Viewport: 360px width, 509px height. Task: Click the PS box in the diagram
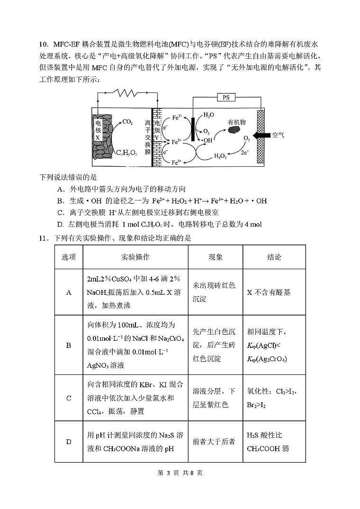point(225,97)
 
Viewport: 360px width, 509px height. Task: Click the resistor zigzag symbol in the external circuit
point(127,93)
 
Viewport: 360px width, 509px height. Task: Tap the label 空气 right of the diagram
point(279,136)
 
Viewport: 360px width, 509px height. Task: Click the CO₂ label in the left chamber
point(127,122)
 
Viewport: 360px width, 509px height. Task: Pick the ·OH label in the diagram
point(207,141)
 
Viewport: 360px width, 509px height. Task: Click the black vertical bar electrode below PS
point(193,126)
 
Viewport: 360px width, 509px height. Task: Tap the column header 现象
point(216,257)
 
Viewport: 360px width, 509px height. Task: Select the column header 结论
point(274,257)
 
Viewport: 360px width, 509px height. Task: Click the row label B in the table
point(69,345)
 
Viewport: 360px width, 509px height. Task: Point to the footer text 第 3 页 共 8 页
point(180,473)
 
